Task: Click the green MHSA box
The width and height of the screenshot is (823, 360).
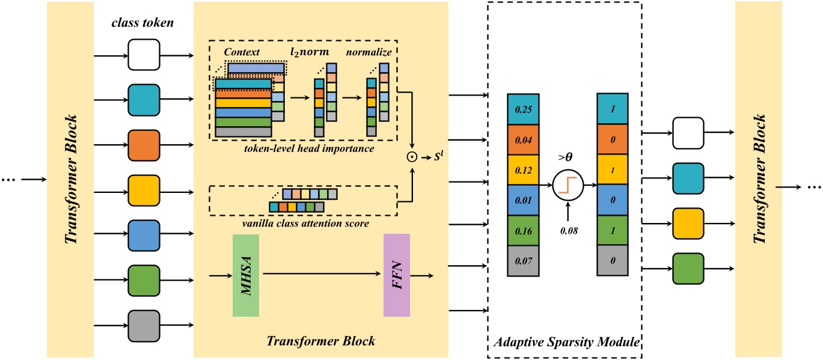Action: tap(245, 275)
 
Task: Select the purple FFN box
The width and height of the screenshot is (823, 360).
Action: tap(396, 275)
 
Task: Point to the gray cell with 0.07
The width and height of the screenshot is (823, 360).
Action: tap(522, 260)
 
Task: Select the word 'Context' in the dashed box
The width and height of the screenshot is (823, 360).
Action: tap(240, 53)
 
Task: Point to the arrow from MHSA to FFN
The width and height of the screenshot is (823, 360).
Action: tap(322, 276)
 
